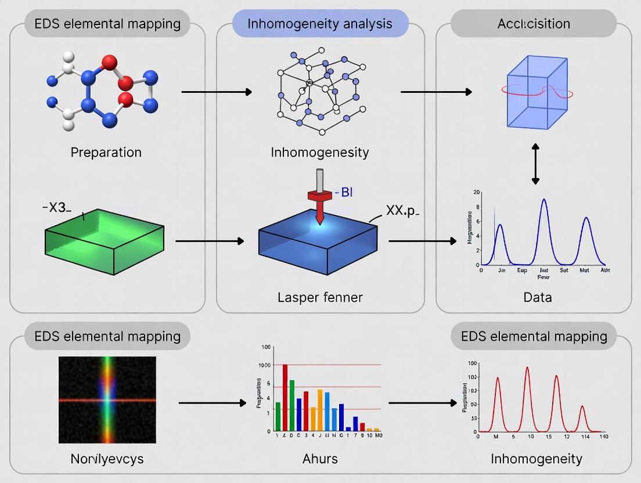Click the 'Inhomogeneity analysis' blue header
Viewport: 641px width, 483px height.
(320, 24)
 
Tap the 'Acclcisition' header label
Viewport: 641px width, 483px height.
(533, 24)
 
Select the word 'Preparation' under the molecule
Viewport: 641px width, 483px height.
(106, 152)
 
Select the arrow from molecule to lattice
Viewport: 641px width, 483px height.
(217, 92)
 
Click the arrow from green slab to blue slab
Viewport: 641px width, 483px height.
(209, 240)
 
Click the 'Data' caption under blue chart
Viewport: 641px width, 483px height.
(537, 297)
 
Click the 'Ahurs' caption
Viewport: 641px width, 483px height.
(320, 459)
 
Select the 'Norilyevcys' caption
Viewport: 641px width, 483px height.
(107, 459)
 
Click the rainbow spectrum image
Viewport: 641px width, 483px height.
(107, 400)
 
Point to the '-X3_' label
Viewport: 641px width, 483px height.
(57, 208)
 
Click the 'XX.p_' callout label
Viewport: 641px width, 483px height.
(402, 210)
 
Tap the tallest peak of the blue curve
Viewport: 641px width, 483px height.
(544, 201)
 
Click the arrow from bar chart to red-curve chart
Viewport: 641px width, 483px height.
(423, 402)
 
